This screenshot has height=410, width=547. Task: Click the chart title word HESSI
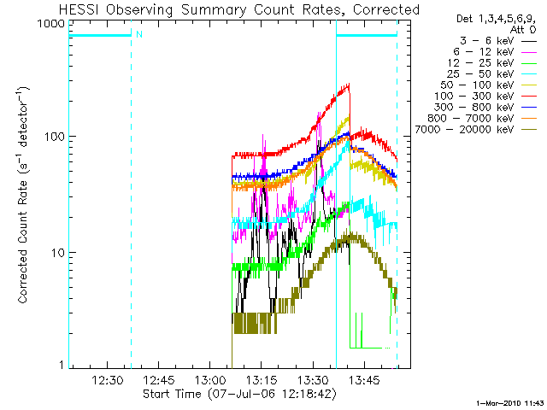pos(79,9)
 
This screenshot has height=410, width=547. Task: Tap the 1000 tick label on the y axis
pos(51,24)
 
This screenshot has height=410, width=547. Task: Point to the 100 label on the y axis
pos(55,137)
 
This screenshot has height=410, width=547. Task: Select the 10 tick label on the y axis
pos(59,253)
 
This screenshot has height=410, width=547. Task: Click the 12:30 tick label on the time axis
pos(107,380)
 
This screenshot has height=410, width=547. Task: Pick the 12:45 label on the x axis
pos(159,380)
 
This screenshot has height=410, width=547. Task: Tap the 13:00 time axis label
pos(210,380)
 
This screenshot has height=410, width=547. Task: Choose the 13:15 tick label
pos(262,380)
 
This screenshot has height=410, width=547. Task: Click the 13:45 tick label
pos(365,380)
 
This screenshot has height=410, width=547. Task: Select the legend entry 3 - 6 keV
pos(486,41)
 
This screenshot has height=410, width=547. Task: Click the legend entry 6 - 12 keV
pos(484,52)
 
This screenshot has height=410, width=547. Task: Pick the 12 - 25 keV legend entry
pos(480,63)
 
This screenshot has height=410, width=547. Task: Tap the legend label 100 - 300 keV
pos(474,97)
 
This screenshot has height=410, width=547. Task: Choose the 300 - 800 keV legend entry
pos(474,108)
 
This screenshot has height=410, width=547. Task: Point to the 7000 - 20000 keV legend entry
pos(464,130)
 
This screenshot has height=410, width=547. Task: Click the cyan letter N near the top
pos(139,34)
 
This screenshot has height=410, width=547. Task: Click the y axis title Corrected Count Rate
pos(22,241)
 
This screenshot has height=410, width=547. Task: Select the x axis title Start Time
pos(173,394)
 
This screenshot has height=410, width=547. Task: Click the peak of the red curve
pos(349,84)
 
